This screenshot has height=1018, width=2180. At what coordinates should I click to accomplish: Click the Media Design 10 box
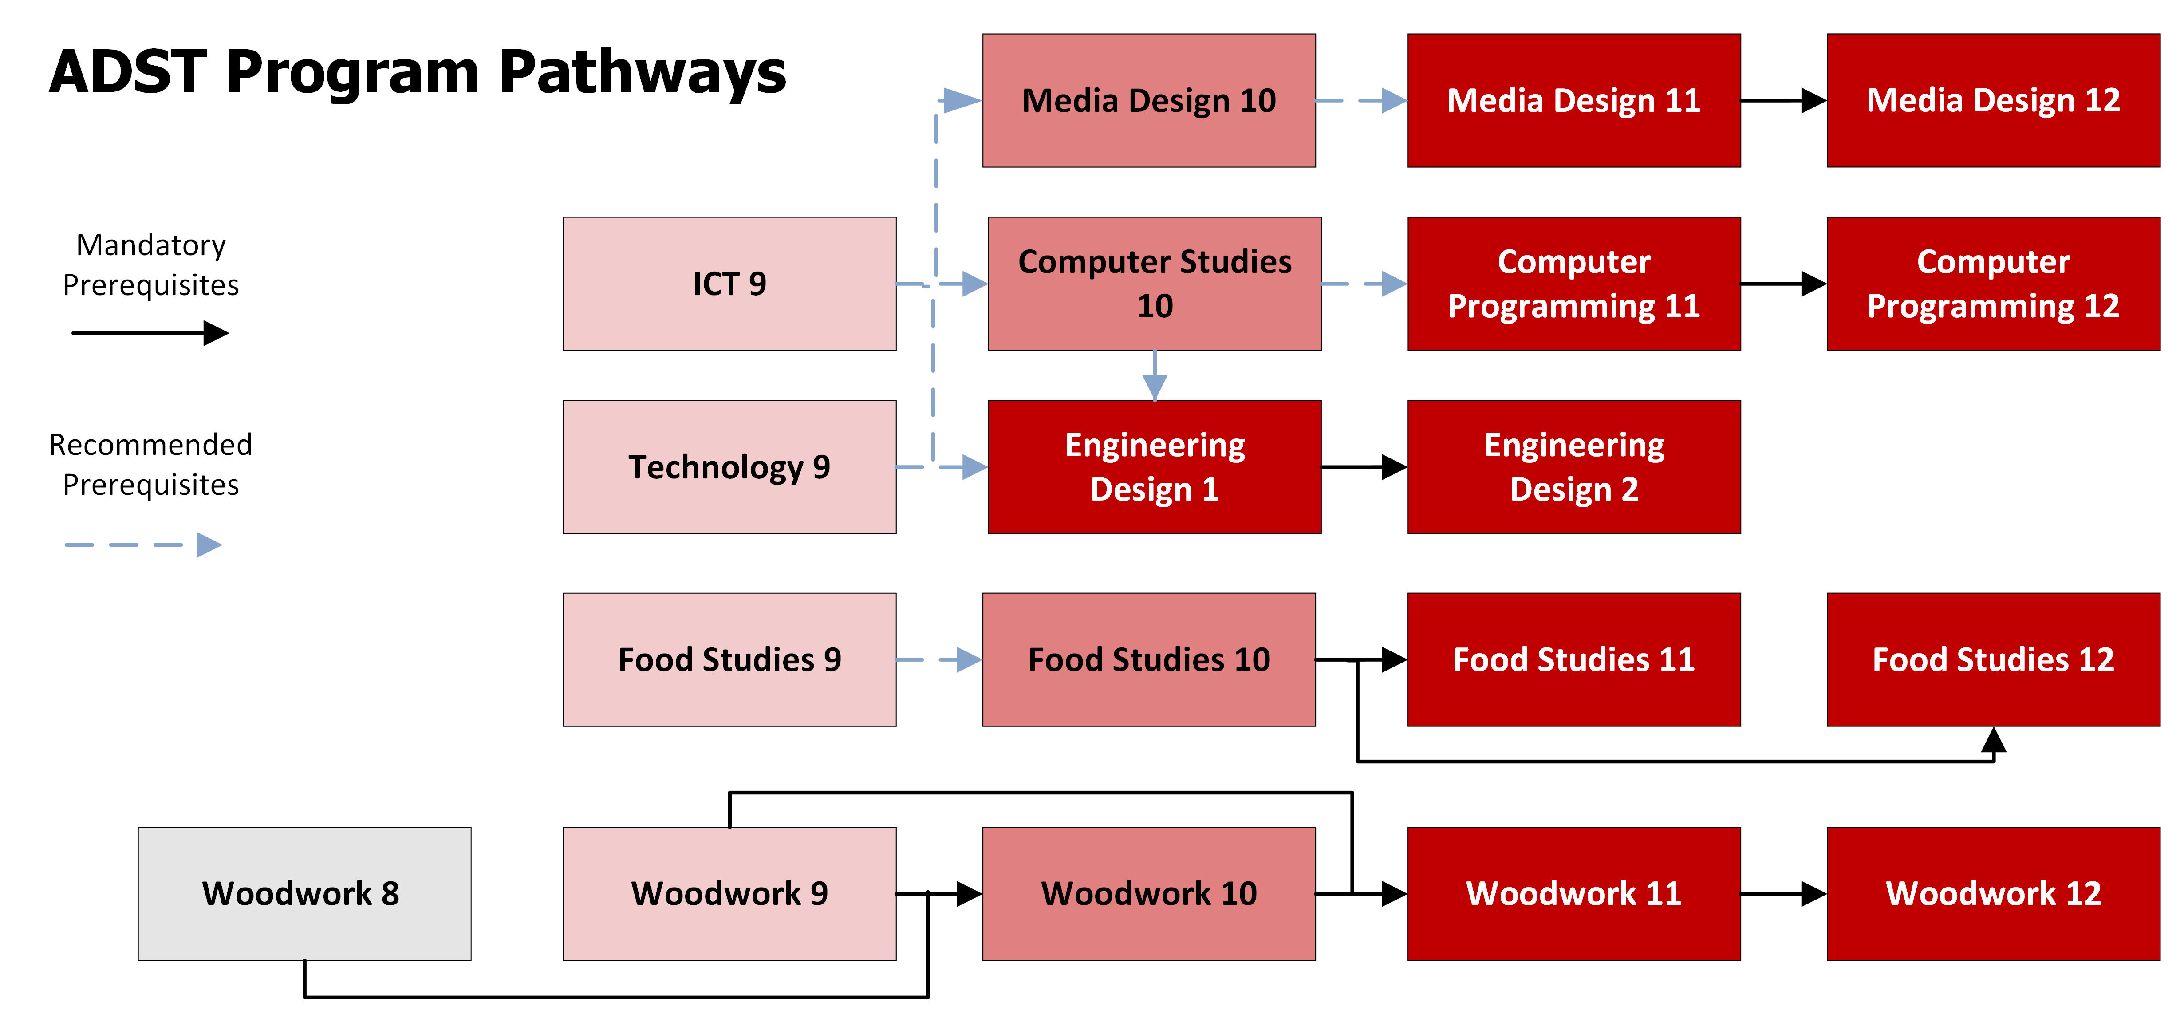pos(1148,101)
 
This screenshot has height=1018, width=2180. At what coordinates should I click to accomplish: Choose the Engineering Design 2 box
pos(1573,467)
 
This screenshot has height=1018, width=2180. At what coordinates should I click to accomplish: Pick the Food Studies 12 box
pos(1993,659)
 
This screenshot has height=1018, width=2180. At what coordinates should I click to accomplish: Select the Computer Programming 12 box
pos(1993,284)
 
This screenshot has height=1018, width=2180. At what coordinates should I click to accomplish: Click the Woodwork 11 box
pos(1573,894)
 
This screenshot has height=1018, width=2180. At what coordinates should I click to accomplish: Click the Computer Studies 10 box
pos(1154,284)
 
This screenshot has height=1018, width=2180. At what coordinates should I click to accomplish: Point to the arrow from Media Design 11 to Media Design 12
pos(1783,101)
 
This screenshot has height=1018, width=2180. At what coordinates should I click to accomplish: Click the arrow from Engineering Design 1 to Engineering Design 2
pos(1364,467)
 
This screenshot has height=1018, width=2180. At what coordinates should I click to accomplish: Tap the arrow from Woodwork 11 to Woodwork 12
pos(1783,894)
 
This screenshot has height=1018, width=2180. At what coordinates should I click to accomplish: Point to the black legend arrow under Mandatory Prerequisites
pos(150,332)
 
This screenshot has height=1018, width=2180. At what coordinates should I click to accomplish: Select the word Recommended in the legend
pos(150,444)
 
